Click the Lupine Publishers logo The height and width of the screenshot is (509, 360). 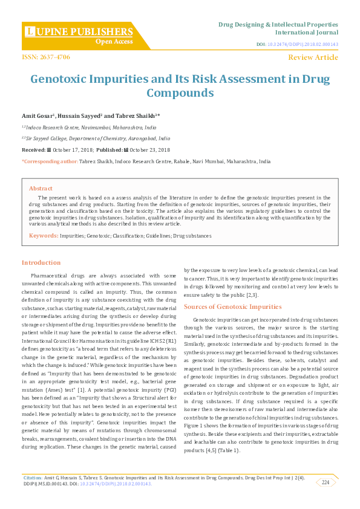[x=79, y=31]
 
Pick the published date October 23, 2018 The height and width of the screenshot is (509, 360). [x=149, y=150]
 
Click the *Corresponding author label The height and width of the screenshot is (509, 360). [x=50, y=161]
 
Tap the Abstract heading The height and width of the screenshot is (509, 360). [x=41, y=188]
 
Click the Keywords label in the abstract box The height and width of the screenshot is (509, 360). [x=44, y=234]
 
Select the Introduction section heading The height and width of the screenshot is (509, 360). [x=41, y=262]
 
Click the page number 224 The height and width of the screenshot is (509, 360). [x=326, y=482]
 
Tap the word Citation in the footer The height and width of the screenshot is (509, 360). [x=33, y=478]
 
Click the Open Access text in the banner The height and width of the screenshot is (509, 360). [x=114, y=42]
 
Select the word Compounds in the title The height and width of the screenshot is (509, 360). [x=180, y=93]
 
